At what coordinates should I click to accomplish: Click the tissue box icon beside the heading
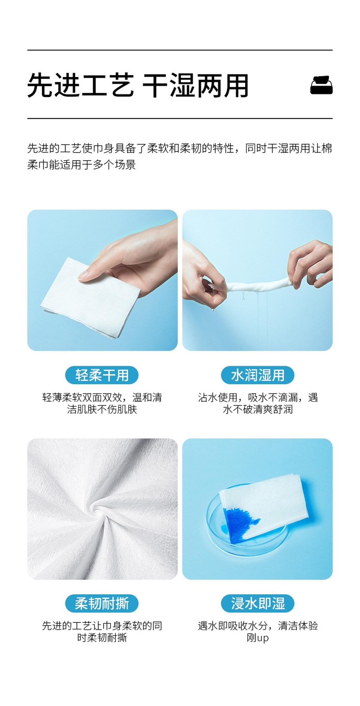click(x=321, y=85)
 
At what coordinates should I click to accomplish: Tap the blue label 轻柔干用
click(x=102, y=375)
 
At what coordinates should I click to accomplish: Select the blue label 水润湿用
click(x=257, y=375)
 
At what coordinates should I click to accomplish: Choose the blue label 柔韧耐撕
click(x=102, y=603)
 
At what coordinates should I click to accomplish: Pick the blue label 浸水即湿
click(x=257, y=603)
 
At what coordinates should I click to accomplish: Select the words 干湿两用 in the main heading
click(x=195, y=85)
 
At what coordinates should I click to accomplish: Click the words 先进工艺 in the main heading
click(x=81, y=85)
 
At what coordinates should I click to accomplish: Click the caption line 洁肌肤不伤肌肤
click(x=102, y=409)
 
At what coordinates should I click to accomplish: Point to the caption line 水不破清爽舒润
click(x=258, y=409)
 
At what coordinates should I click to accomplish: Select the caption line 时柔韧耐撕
click(x=102, y=637)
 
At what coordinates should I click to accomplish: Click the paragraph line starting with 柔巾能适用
click(x=82, y=165)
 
